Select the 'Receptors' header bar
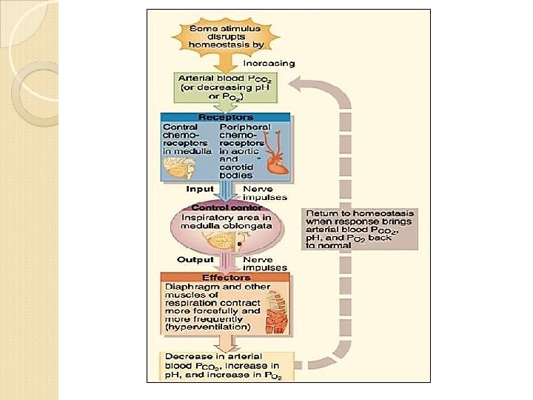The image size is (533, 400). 226,117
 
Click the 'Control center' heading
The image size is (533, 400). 226,208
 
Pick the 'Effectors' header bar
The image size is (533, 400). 225,278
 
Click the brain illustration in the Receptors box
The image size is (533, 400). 178,169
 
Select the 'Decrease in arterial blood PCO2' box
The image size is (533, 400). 226,366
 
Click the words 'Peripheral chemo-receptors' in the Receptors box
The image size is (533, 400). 245,136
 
